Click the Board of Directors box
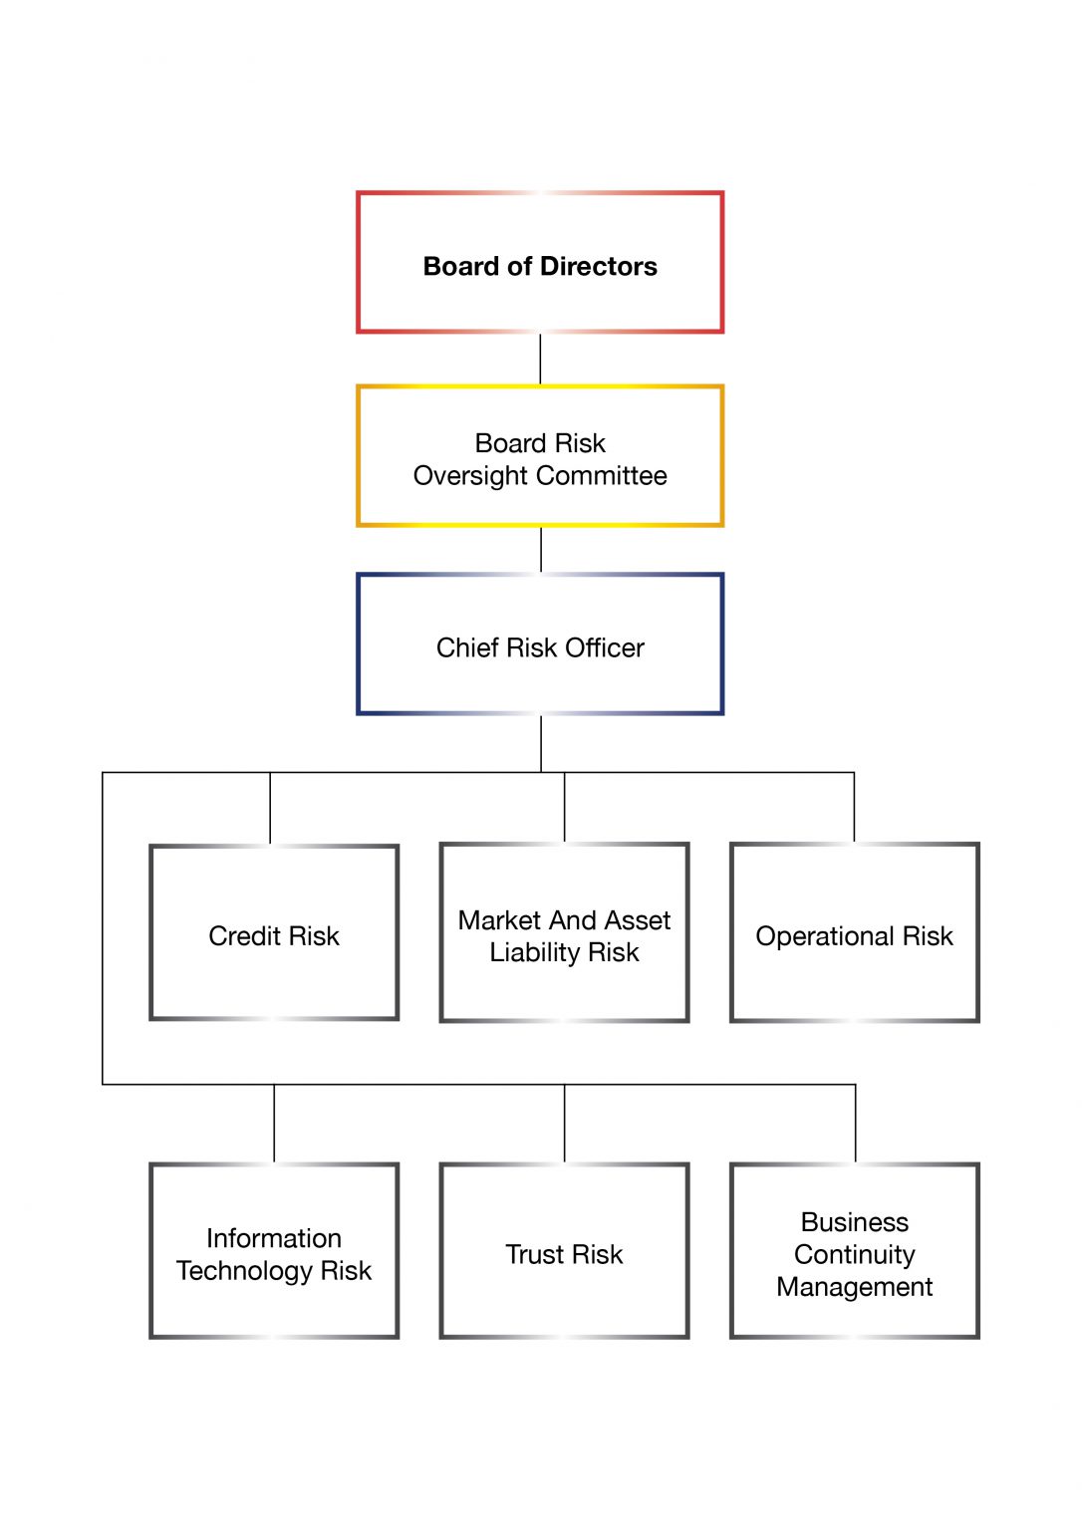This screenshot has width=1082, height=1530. (540, 262)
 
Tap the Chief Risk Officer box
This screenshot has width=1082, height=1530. (540, 644)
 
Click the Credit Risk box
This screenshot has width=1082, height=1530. (274, 932)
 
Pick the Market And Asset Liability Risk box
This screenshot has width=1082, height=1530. (564, 932)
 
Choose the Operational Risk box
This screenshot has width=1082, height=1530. (854, 932)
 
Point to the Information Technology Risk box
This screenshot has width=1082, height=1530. (274, 1251)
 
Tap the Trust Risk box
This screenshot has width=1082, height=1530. (564, 1251)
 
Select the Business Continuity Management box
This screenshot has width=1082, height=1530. (854, 1251)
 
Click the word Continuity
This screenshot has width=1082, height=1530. (854, 1254)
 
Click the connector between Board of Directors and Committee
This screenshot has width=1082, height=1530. (540, 359)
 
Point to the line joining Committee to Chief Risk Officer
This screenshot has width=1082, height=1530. (541, 550)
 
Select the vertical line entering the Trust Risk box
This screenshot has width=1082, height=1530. (564, 1123)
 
